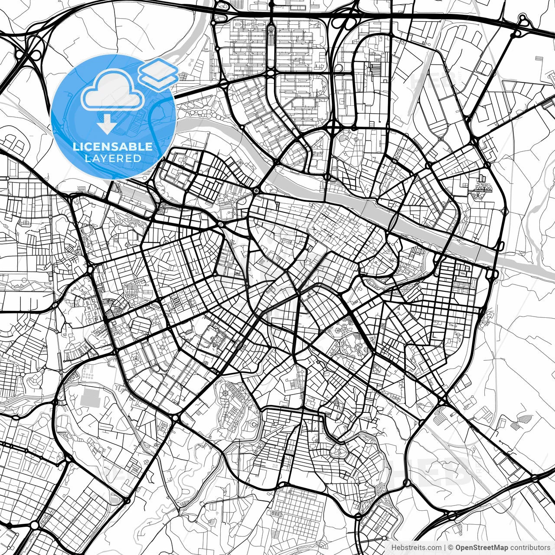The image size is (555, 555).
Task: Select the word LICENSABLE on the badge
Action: tap(113, 147)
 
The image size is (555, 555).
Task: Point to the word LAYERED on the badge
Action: tap(113, 158)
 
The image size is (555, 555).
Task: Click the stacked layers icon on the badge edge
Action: tap(158, 73)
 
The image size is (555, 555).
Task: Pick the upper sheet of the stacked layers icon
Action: tap(158, 69)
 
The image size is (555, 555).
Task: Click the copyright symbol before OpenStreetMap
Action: tap(451, 548)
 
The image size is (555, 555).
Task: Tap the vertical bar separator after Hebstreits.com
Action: tap(445, 548)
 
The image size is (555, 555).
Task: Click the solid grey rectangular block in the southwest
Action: tap(90, 397)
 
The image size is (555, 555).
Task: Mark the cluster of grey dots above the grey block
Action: tap(88, 374)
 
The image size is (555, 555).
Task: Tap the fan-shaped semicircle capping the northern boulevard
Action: tap(271, 30)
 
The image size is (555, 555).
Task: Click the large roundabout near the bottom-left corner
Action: tap(34, 526)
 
